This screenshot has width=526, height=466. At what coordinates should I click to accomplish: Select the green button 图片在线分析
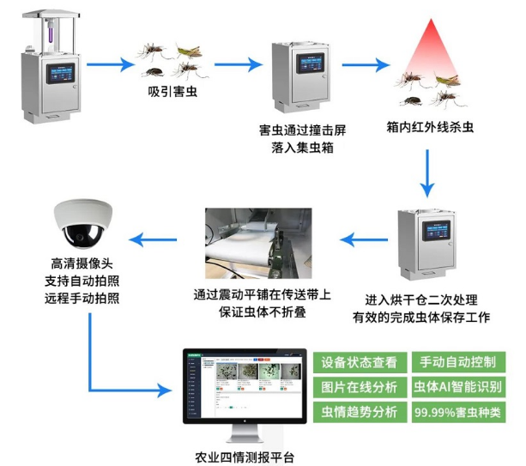coord(359,387)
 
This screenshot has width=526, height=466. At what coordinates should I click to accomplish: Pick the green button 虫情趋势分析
coord(359,412)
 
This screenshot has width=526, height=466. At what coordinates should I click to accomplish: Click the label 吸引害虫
coord(167,93)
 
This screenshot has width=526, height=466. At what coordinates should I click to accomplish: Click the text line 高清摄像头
coord(82,264)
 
